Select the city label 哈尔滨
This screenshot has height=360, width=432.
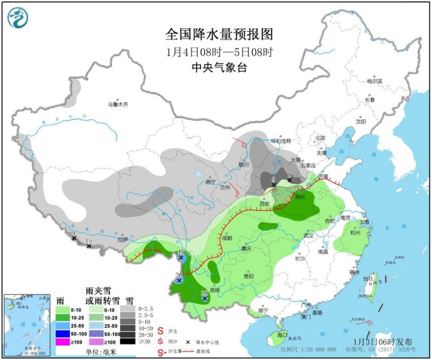point(374,81)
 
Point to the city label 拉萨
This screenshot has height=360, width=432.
point(123,240)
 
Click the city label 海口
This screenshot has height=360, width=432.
point(282,334)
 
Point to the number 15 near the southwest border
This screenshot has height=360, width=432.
point(89,240)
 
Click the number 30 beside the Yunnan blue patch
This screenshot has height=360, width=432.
point(178,275)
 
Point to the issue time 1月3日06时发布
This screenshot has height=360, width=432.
point(383,342)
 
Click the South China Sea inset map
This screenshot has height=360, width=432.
point(27,325)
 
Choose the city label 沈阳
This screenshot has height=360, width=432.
point(361,120)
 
